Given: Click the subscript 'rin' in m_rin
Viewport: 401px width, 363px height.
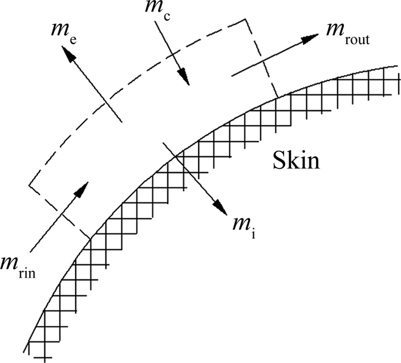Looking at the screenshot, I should tap(27, 273).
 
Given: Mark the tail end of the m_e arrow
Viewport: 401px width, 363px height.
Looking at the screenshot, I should tap(121, 121).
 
